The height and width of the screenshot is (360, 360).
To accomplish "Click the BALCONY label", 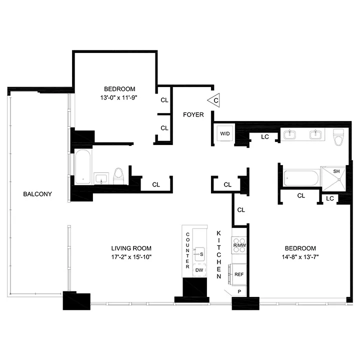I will coord(37,194).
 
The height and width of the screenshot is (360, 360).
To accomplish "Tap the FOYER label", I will coord(193,114).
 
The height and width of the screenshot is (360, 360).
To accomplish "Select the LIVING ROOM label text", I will coord(131,248).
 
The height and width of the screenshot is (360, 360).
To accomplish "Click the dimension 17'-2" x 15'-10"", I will coord(131,257).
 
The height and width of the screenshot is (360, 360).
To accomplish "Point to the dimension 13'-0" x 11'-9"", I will coord(118,98).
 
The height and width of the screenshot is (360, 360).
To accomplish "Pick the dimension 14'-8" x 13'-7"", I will coord(300,257).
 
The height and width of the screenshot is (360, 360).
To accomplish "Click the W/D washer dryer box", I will coord(223,133).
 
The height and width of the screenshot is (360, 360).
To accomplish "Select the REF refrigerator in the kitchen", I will coord(239,274).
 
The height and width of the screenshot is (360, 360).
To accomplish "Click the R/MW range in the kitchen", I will coord(239,245).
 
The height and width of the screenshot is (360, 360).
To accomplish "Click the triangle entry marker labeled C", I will coord(214,100).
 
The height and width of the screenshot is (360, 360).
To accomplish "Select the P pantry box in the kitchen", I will coord(239,291).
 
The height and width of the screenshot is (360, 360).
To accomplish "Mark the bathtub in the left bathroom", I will coord(82,167).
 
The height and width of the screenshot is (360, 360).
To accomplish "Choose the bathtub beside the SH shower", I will coord(300,178).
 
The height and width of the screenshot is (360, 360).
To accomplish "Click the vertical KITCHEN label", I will coord(219,255).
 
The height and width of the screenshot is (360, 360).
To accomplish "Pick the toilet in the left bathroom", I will coord(119,175).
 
